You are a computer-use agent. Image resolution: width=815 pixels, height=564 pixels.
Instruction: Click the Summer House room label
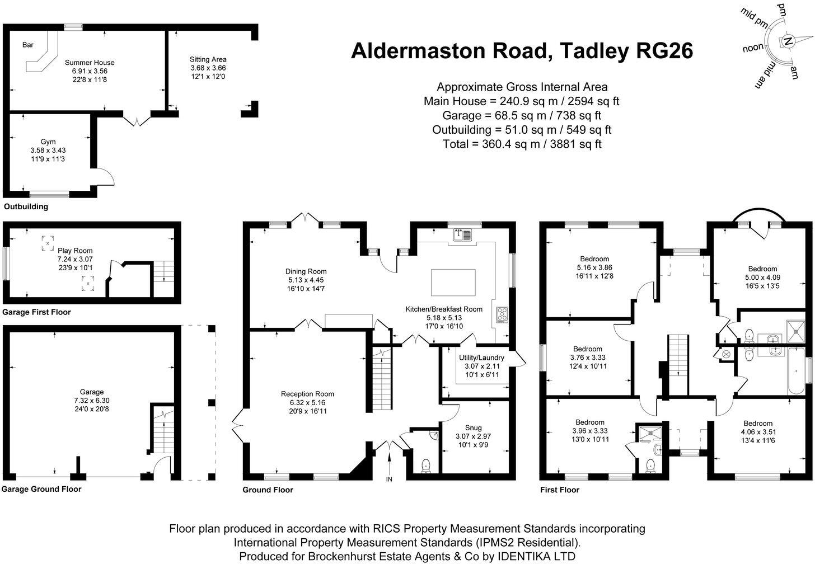click(x=90, y=63)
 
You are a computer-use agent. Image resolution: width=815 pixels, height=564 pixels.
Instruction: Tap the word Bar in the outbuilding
click(x=27, y=45)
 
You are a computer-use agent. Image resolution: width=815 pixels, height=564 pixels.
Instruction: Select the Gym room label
click(x=48, y=142)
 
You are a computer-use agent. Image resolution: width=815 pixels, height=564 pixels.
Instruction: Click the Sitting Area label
click(x=208, y=59)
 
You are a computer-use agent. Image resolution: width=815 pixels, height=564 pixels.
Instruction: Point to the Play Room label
click(x=75, y=251)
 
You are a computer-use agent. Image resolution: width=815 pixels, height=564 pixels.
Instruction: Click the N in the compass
click(x=788, y=41)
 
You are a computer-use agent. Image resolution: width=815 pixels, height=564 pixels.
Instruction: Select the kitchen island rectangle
click(x=453, y=282)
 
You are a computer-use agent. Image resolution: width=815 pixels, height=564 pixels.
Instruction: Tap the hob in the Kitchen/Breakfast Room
click(x=501, y=315)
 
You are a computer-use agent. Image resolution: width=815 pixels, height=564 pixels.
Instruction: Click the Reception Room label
click(x=307, y=394)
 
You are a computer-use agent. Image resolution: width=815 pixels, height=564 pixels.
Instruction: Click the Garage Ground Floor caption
click(x=41, y=489)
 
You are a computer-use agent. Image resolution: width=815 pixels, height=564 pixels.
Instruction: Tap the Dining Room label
click(x=306, y=271)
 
